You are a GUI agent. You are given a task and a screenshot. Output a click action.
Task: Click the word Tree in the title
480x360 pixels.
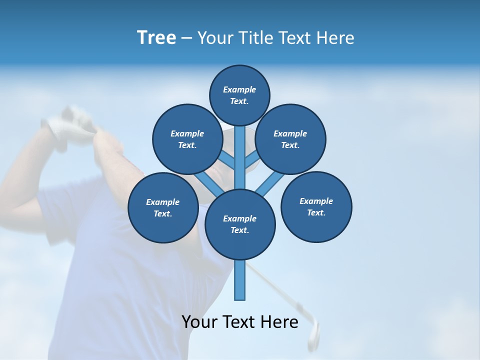click(x=156, y=38)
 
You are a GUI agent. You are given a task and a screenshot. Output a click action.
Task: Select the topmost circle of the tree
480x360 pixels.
click(x=239, y=95)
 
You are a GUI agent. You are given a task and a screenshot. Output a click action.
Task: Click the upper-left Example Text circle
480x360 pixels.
click(x=187, y=139)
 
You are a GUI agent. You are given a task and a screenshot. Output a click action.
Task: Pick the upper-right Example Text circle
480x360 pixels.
click(x=290, y=139)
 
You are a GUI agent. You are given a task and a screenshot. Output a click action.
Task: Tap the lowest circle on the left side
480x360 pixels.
click(x=163, y=207)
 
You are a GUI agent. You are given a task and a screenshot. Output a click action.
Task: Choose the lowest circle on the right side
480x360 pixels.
click(x=316, y=206)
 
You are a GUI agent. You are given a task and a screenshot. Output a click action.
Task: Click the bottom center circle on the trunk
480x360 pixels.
click(x=240, y=224)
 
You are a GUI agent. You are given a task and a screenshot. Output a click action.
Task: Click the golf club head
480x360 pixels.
click(x=313, y=334)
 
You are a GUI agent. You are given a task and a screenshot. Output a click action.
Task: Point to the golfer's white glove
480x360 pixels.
click(x=70, y=120)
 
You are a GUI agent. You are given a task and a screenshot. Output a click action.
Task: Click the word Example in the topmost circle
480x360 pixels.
click(x=239, y=90)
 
